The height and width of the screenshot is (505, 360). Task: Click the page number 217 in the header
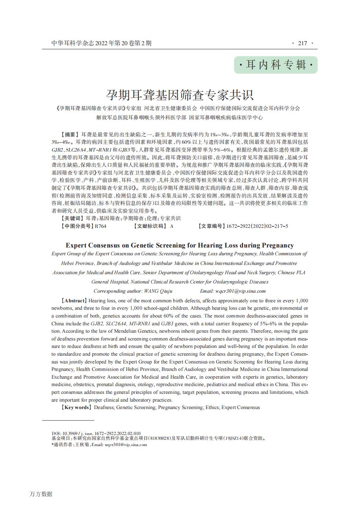[x=302, y=43]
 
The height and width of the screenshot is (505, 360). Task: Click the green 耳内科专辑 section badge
[x=276, y=65]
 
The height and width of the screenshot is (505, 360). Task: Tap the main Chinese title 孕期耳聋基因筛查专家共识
[x=180, y=95]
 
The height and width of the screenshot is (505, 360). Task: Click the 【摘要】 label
[x=70, y=134]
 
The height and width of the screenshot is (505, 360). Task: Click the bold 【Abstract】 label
[x=74, y=301]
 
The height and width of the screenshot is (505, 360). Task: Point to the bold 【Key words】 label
[x=76, y=408]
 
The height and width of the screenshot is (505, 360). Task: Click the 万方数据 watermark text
[x=41, y=494]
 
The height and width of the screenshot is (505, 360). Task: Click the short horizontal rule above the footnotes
[x=68, y=420]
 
